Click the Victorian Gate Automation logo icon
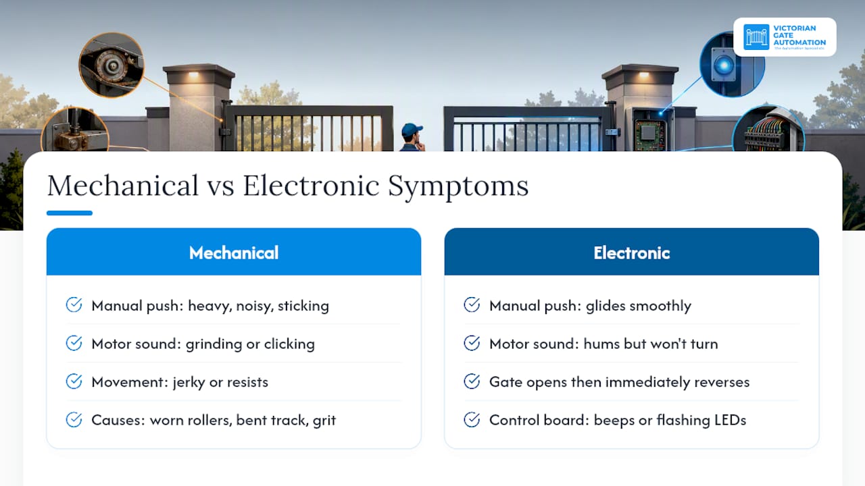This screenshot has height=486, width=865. pos(756,37)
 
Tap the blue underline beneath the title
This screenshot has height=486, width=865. pos(70,213)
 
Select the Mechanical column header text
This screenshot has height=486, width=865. pos(234,253)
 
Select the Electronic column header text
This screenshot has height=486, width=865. pos(632,253)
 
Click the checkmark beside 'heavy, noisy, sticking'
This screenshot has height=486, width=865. pos(74,304)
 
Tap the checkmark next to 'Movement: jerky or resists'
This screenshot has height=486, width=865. pos(74,381)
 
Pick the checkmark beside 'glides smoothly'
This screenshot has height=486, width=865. pos(472,304)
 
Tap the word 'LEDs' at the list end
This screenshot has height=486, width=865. pos(731,420)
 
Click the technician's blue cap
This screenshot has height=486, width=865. pos(412,129)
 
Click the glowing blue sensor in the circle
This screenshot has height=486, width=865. pos(723,65)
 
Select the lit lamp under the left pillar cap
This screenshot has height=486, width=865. pos(193,75)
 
